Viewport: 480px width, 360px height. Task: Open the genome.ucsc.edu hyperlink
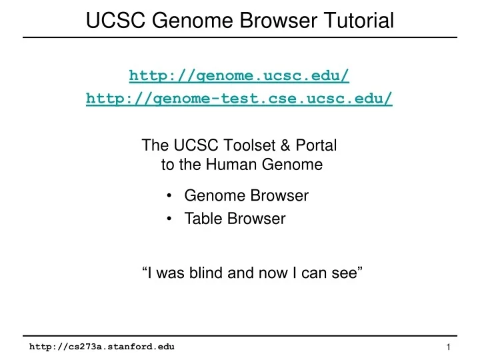pos(239,75)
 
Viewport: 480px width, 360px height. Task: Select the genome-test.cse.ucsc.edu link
pos(239,99)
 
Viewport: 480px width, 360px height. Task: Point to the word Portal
pos(317,145)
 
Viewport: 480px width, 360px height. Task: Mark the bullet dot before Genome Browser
pos(172,196)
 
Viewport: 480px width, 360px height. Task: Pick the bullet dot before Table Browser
pos(172,219)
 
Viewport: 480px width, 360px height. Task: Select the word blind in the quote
pos(207,272)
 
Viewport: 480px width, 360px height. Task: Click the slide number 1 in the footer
pos(449,347)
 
